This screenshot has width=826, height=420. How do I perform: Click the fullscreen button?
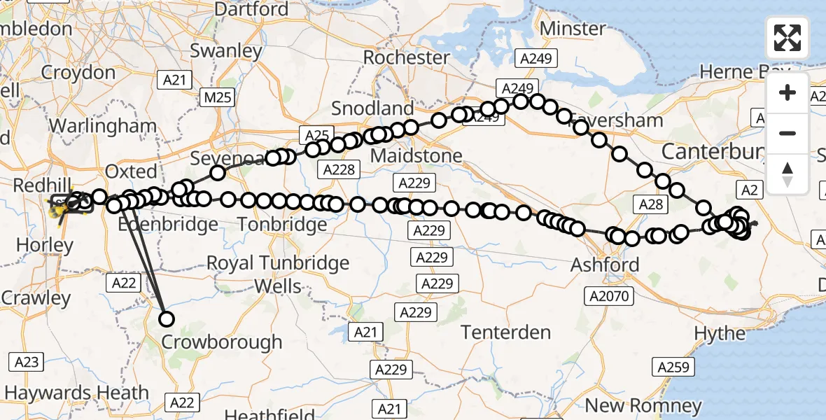tap(787, 37)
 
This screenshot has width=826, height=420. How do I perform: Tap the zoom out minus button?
tap(787, 133)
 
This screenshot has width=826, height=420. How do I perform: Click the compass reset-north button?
tap(787, 173)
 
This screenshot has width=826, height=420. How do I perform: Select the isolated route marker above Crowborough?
tap(167, 319)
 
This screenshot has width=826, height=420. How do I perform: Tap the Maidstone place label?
tap(416, 155)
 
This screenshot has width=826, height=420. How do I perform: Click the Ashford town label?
tap(605, 265)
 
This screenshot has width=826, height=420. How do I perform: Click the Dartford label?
tap(251, 9)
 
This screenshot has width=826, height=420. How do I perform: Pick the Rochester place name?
tap(407, 57)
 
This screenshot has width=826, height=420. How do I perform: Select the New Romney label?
tap(643, 405)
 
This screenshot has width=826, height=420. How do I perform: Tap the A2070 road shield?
tap(610, 297)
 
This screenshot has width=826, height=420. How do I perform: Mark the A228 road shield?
tap(339, 169)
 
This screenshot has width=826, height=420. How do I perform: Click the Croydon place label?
tap(78, 73)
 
